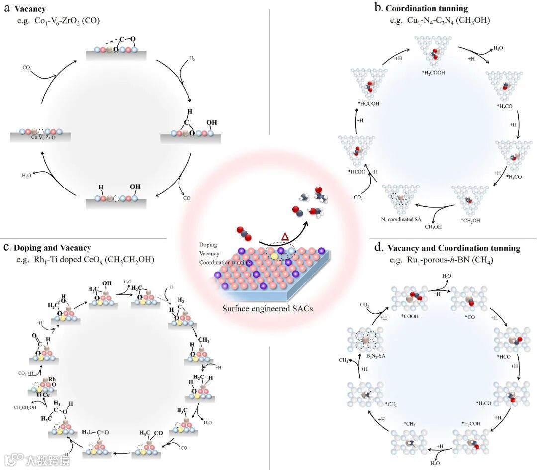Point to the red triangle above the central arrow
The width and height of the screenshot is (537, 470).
[285, 237]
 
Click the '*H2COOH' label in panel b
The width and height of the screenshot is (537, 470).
[432, 72]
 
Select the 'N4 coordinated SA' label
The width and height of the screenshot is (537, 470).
[402, 218]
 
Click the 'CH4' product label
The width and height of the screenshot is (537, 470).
[343, 360]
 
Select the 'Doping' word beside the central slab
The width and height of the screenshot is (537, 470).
[208, 245]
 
